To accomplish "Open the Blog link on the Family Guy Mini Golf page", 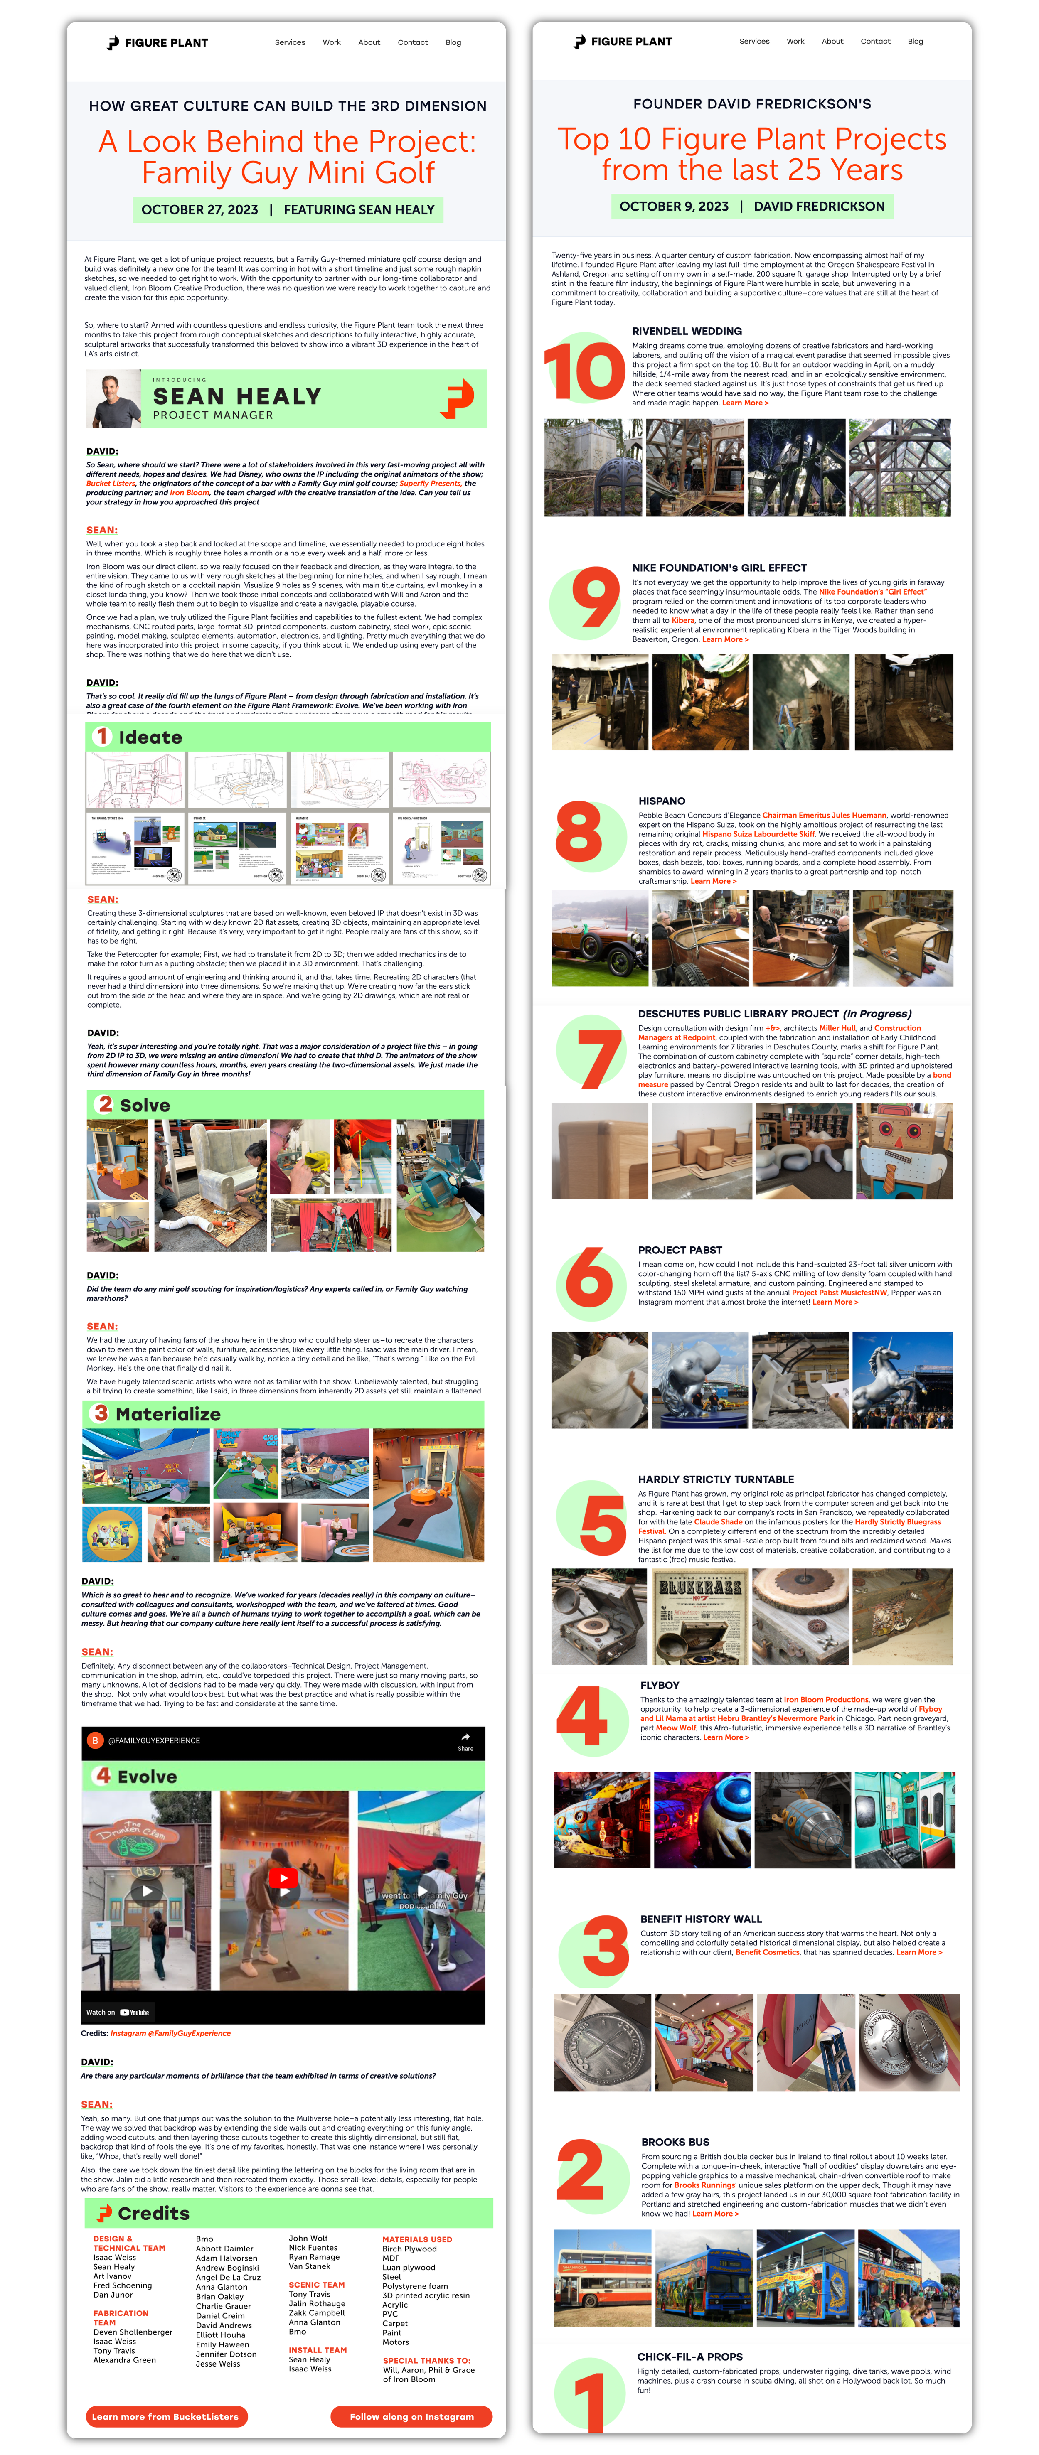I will coord(453,43).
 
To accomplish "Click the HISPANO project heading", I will coord(662,801).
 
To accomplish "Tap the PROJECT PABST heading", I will coord(680,1249).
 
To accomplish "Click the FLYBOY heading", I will coord(660,1685).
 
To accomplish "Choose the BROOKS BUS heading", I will coord(675,2141).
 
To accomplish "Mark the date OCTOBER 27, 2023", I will coord(199,210).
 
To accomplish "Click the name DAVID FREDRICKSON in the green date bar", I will coord(819,206).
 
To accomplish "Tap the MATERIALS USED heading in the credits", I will coord(416,2239).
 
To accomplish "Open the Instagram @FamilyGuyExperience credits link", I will coord(171,2033).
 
